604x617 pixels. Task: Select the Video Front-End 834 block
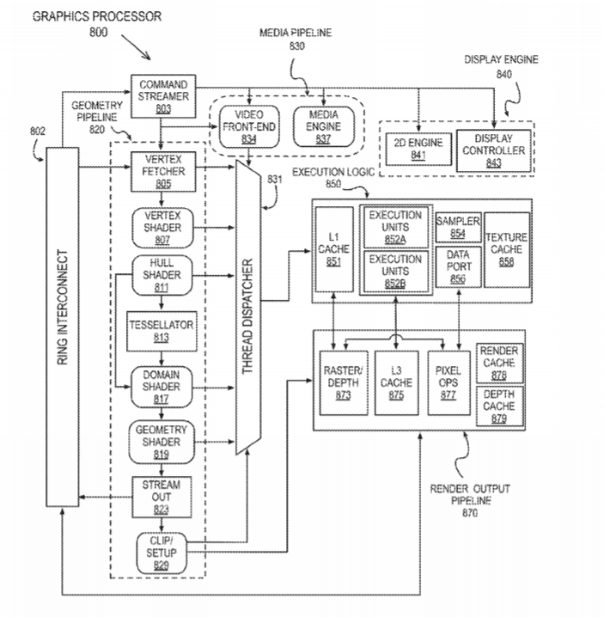(x=248, y=124)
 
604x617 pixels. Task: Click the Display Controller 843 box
(x=491, y=149)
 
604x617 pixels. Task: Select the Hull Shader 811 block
(x=163, y=276)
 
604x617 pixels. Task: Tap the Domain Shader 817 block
(x=163, y=387)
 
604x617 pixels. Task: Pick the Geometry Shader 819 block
(x=163, y=441)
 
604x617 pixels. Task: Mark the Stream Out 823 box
(x=163, y=496)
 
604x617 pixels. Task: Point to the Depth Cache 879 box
(x=498, y=406)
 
